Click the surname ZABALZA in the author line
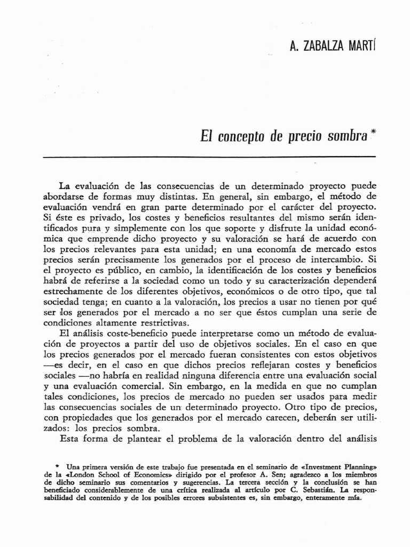(327, 46)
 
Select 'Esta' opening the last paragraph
(69, 440)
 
